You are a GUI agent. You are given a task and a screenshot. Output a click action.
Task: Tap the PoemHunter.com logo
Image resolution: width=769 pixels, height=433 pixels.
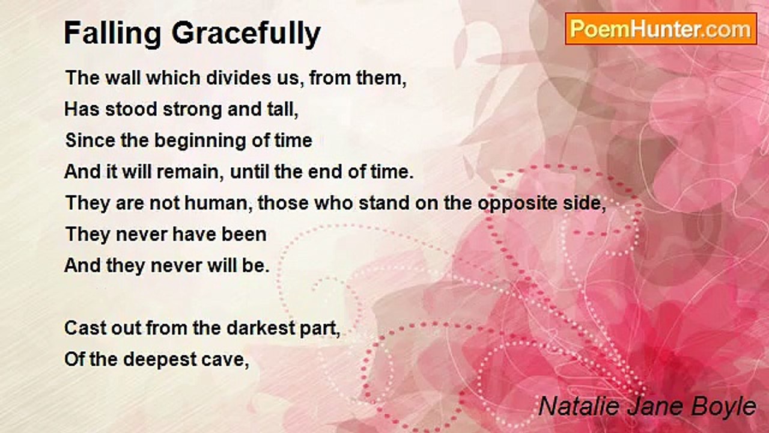661,29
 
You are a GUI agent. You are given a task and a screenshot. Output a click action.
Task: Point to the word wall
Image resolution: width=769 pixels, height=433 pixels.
123,78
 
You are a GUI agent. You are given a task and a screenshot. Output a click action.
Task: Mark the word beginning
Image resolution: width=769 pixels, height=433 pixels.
200,141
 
